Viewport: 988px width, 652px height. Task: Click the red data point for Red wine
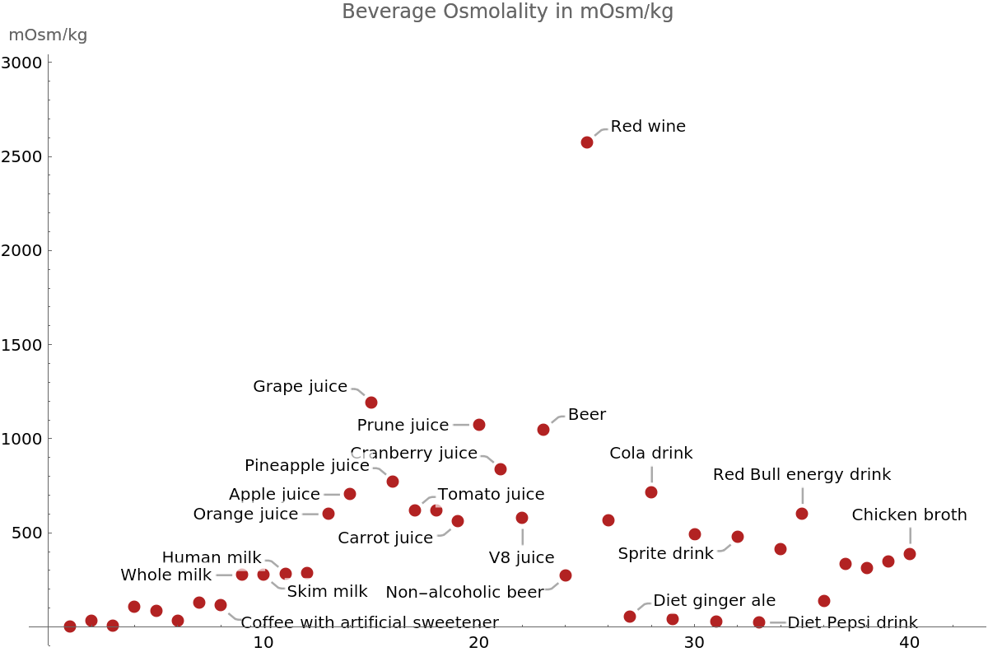[587, 142]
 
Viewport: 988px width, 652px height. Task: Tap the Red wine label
[648, 127]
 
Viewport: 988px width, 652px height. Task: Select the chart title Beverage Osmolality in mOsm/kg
[507, 12]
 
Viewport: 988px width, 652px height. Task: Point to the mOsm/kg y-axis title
[48, 35]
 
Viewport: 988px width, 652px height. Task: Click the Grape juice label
[301, 386]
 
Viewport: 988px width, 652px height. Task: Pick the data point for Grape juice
[371, 403]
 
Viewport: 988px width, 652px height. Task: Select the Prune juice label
[403, 425]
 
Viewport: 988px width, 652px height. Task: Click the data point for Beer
[543, 430]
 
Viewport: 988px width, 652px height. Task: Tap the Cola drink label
[651, 454]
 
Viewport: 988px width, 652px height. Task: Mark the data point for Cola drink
[651, 492]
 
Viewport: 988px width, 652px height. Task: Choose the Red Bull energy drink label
[802, 474]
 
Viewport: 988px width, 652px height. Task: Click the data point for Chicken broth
[910, 554]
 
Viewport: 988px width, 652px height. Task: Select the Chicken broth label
[910, 515]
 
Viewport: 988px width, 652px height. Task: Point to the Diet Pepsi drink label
[852, 623]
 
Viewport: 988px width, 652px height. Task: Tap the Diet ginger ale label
[715, 601]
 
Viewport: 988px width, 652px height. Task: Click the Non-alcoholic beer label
[465, 592]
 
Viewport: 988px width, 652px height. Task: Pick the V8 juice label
[522, 557]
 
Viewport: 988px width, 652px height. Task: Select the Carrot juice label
[385, 538]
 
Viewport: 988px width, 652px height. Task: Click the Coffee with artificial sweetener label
[370, 622]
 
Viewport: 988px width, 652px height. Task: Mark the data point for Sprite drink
[738, 537]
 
